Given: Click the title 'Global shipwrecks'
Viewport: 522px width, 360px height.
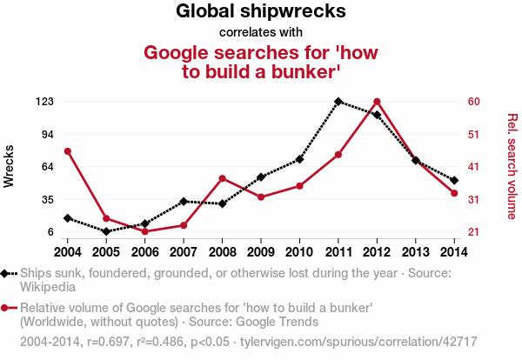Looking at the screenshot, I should pos(261,12).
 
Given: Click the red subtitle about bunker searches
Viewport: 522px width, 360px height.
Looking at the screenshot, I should pos(261,62).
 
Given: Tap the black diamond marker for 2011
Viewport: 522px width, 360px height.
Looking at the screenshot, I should pos(338,102).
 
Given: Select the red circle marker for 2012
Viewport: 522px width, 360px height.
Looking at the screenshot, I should pos(377,102).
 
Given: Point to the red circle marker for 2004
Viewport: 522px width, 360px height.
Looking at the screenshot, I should pos(68,151).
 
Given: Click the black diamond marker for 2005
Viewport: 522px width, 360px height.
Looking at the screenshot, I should pos(106,231).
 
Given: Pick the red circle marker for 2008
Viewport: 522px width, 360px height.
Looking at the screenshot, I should pos(222,178).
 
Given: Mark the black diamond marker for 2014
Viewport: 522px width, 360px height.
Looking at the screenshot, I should pos(454,180).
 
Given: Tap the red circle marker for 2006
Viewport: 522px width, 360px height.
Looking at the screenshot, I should pos(144,231).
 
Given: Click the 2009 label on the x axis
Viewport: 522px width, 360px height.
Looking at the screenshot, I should pos(261,252).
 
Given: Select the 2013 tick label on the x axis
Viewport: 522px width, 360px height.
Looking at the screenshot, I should pos(415,252).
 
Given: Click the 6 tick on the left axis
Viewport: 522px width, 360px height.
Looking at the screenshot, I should pos(50,232).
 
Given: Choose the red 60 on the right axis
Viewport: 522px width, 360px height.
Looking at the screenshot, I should pos(474,102).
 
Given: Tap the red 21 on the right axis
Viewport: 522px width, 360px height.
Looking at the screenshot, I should pos(474,232).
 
